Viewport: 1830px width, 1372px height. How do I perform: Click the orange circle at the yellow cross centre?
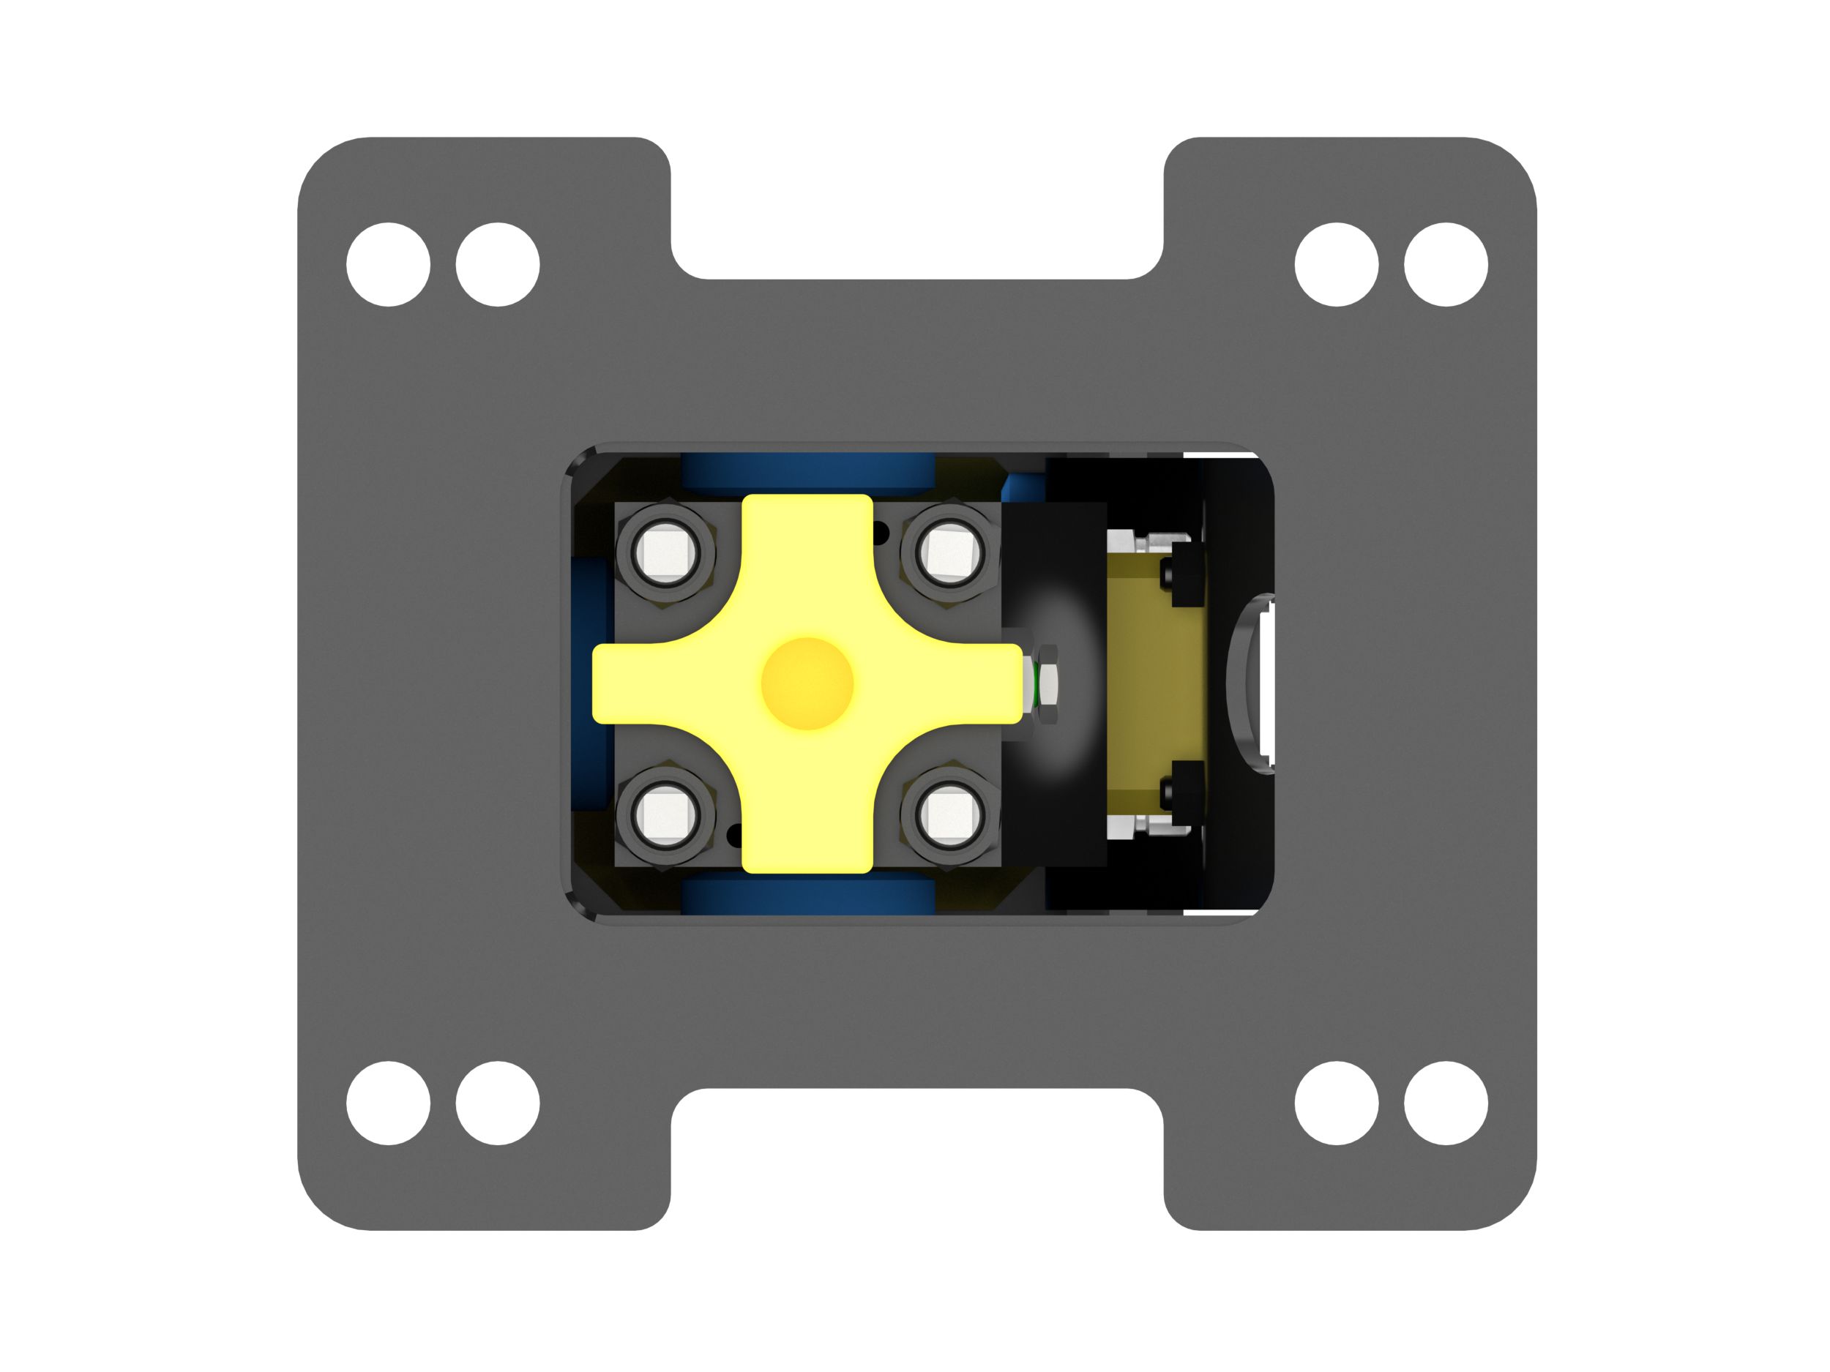coord(807,683)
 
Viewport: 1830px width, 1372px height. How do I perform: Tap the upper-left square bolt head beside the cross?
coord(665,552)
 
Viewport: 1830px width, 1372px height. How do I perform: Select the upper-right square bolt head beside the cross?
coord(948,552)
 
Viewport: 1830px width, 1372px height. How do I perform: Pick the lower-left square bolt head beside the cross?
coord(665,815)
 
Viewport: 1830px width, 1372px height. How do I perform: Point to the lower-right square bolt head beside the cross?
coord(948,815)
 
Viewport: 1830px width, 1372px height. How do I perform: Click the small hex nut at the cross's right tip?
coord(1046,683)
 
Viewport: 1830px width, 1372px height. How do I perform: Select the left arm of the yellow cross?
coord(646,683)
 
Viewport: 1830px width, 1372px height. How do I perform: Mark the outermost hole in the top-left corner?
coord(388,264)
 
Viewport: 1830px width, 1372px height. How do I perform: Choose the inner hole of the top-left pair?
coord(497,264)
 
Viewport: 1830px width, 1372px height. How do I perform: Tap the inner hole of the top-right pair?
coord(1336,264)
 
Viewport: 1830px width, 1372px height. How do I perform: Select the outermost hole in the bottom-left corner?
coord(388,1103)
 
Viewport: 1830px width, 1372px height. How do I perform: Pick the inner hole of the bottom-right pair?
coord(1336,1103)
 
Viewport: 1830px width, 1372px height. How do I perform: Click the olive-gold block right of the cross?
coord(1157,683)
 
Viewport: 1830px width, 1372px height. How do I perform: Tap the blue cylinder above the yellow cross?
coord(807,475)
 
